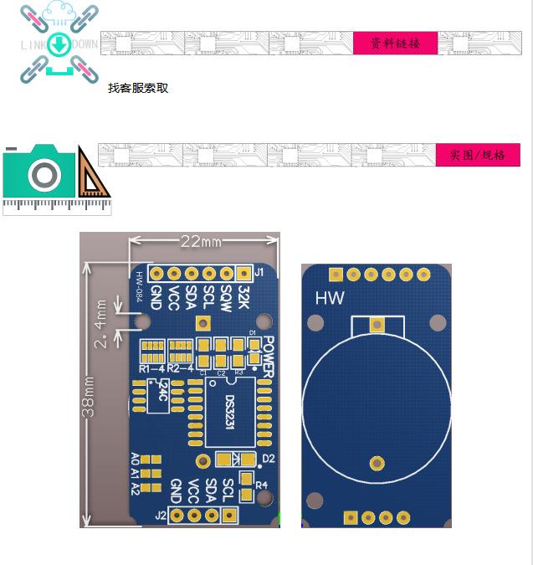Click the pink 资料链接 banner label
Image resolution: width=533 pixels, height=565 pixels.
[394, 44]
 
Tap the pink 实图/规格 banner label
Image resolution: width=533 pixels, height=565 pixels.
[478, 155]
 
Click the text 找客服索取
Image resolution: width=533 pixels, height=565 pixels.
[138, 88]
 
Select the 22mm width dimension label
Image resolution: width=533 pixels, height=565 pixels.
[201, 241]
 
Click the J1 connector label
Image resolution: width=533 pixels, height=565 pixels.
[259, 272]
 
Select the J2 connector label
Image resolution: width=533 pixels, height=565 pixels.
[161, 516]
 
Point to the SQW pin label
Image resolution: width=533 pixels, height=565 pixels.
[226, 296]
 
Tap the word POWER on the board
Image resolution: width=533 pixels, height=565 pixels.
[268, 356]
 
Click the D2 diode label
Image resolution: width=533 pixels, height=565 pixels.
[268, 459]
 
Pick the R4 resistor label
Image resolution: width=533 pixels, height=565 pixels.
[261, 485]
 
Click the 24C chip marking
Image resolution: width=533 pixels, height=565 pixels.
[158, 391]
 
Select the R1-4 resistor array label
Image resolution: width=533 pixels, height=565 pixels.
[152, 368]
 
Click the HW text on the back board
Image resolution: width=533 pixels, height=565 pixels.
[329, 298]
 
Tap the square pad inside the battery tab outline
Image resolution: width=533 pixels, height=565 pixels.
[377, 325]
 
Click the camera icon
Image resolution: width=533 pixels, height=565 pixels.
[44, 173]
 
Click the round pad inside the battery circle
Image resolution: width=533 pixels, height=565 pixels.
[377, 463]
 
